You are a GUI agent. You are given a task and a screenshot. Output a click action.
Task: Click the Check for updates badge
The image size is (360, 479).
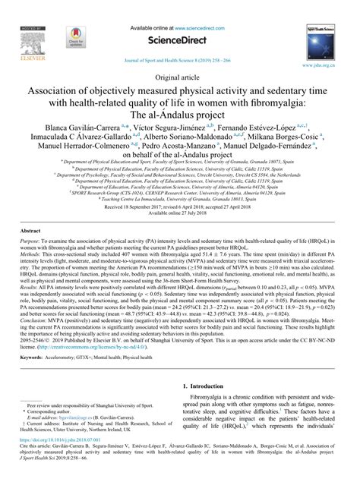74,36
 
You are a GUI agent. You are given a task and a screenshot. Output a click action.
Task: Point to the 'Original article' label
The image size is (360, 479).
179,77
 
